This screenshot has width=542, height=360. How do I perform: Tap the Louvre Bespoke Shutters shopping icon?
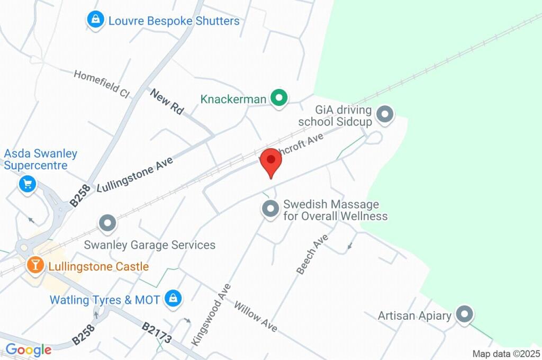(95, 21)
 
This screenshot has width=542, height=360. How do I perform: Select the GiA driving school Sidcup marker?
(385, 114)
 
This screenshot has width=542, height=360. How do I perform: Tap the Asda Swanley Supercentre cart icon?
(27, 184)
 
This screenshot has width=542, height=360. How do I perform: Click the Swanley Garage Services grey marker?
(108, 223)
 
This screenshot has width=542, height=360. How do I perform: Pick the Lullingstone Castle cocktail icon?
(35, 265)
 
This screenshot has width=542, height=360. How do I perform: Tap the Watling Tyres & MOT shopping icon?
(173, 299)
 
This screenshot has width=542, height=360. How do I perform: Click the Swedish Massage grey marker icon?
(270, 209)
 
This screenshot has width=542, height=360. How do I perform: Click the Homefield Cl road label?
(102, 84)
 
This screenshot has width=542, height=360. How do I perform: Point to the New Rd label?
(167, 102)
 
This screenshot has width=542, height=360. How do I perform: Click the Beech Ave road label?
(312, 254)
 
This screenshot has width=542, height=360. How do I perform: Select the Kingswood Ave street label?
(212, 315)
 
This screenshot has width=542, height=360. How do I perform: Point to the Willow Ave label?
(256, 317)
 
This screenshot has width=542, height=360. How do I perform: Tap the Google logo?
(29, 350)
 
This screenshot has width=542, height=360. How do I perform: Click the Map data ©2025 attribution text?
(506, 354)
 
